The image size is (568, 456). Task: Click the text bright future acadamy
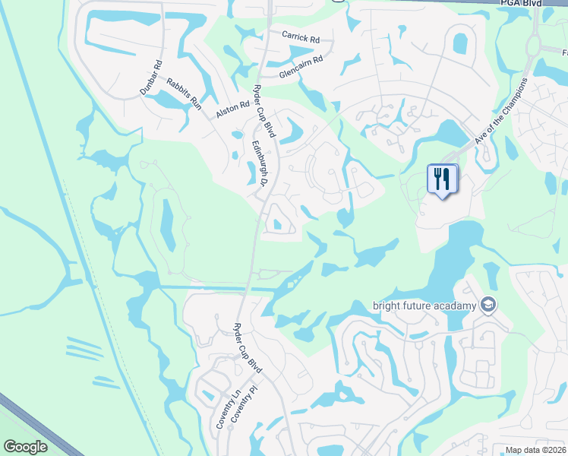(x=424, y=306)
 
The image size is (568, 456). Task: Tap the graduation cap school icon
(x=488, y=306)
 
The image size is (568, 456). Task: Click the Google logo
(x=25, y=447)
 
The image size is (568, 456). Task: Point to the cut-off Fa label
(x=563, y=53)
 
